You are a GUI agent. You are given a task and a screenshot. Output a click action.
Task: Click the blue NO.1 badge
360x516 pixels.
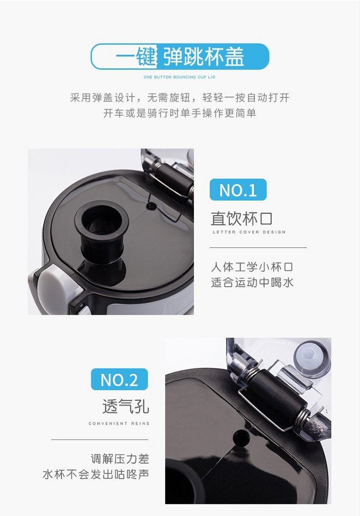tap(238, 190)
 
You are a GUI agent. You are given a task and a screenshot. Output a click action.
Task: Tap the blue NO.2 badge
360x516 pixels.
tap(120, 379)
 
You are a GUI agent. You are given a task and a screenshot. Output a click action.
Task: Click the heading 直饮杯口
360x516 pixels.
tap(241, 219)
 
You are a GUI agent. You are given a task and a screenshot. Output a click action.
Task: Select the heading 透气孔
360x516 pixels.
tap(126, 406)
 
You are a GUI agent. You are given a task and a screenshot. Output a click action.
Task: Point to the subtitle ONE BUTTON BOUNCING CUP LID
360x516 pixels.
tap(180, 77)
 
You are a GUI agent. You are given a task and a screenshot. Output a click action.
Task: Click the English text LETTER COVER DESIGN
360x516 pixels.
tap(249, 232)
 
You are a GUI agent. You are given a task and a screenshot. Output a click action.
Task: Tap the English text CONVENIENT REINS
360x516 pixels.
tap(119, 423)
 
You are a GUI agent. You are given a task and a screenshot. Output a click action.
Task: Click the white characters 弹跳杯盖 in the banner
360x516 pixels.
tap(204, 56)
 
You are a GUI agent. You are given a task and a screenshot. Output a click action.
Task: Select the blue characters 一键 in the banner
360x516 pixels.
tap(135, 56)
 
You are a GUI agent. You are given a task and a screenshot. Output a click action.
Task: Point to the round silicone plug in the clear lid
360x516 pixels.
tap(312, 359)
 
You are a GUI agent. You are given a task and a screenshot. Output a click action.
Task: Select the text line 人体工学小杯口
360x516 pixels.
tap(252, 267)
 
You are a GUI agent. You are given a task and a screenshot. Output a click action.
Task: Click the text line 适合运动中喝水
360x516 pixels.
tap(252, 283)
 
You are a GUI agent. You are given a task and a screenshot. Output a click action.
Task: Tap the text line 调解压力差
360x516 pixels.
tap(120, 458)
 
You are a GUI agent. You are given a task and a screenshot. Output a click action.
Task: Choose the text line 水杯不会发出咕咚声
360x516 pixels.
tap(96, 474)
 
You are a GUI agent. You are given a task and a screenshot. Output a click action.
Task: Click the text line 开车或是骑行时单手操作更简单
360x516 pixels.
tap(180, 113)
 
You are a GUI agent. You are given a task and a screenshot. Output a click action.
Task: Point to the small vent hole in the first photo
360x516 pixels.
tap(151, 206)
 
